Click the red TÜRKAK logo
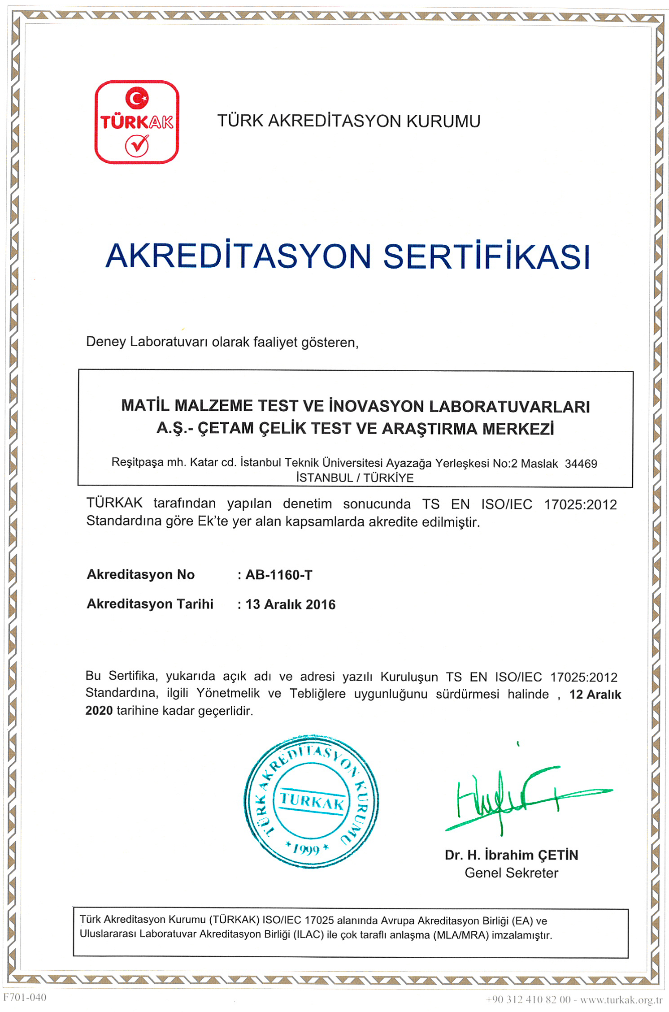point(137,122)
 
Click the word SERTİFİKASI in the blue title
point(486,256)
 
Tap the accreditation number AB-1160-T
point(278,575)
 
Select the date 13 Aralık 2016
point(290,604)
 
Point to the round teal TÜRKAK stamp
point(311,802)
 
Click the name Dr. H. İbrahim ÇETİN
point(511,855)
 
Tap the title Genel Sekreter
point(511,873)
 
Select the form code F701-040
point(25,997)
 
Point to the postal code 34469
point(581,464)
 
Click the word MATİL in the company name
point(144,406)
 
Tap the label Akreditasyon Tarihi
point(150,604)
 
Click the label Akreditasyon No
point(140,574)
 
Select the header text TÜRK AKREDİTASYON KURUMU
point(348,121)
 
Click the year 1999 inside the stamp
point(307,849)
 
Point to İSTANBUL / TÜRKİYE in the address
point(355,478)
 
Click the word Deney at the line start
point(106,342)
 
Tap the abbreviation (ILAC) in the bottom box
point(308,935)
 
